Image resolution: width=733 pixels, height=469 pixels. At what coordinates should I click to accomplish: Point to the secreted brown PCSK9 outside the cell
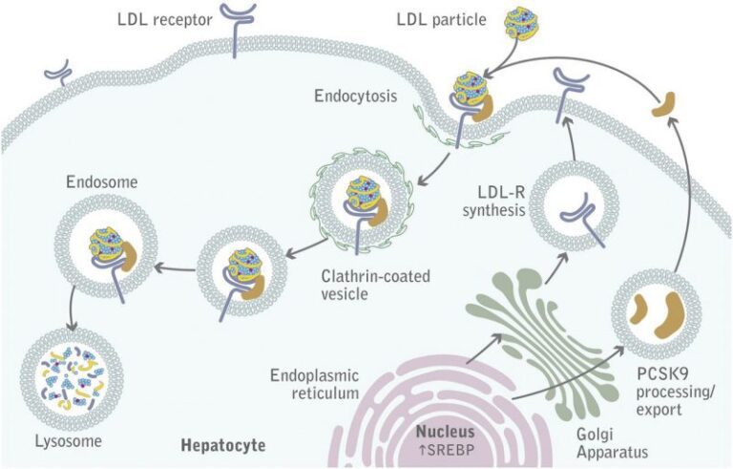click(x=662, y=106)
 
